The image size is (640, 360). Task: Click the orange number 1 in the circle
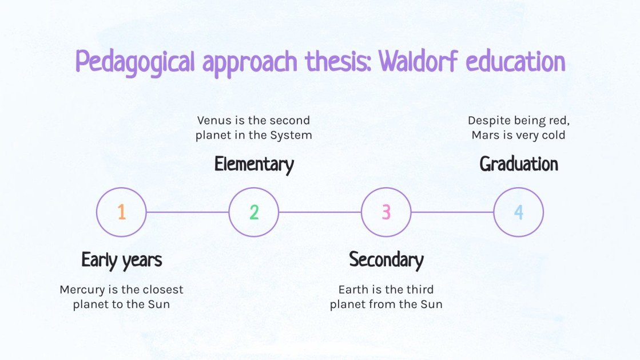pos(121,212)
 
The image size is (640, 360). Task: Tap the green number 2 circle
pos(254,212)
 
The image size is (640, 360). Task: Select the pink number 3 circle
pos(386,212)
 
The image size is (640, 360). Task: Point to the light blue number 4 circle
pos(518,212)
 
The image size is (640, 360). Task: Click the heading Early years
pos(122,260)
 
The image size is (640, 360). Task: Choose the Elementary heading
pos(254,164)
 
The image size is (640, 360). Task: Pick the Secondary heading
pos(386,260)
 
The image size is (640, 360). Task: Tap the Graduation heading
pos(518,164)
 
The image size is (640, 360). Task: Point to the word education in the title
pos(515,62)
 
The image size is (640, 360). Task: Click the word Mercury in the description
pos(81,290)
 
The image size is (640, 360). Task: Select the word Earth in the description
pos(352,290)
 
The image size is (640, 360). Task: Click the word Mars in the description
pos(484,136)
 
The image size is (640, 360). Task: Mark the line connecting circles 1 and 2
pos(188,212)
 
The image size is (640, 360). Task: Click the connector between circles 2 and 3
pos(320,212)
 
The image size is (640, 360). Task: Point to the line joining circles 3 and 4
pos(452,212)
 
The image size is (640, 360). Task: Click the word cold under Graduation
pos(553,136)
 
